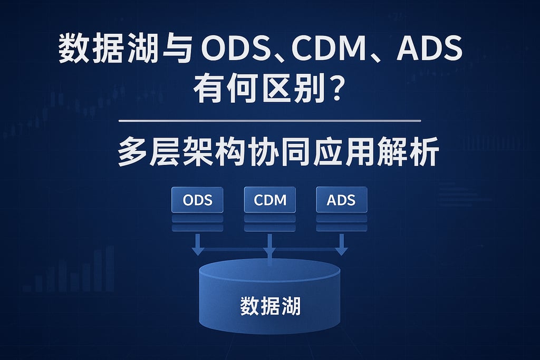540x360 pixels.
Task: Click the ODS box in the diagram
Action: pos(197,200)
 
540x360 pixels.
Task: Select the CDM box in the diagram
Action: pos(269,200)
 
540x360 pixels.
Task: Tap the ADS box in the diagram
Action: pos(341,200)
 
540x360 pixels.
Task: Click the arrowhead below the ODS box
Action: pos(197,250)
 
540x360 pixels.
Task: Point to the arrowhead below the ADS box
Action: pos(341,250)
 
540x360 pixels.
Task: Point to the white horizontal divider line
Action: pos(270,121)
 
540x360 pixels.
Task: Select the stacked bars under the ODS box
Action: pos(197,222)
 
